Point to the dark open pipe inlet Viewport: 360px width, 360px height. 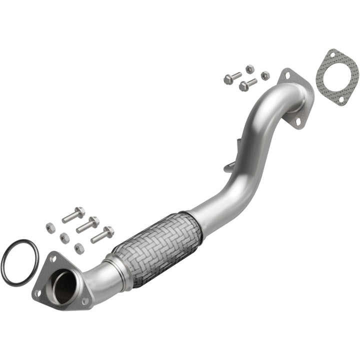tap(65, 287)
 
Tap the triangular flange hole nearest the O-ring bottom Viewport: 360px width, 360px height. tap(37, 293)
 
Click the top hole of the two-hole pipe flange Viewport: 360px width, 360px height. tap(287, 76)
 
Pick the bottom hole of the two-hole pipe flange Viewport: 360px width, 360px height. tap(298, 121)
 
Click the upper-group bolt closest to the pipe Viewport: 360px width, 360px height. tap(247, 84)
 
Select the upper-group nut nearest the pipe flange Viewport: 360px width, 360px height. tap(265, 75)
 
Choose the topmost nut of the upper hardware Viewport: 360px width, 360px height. tap(249, 68)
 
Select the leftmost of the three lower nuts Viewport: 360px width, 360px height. tap(50, 227)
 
